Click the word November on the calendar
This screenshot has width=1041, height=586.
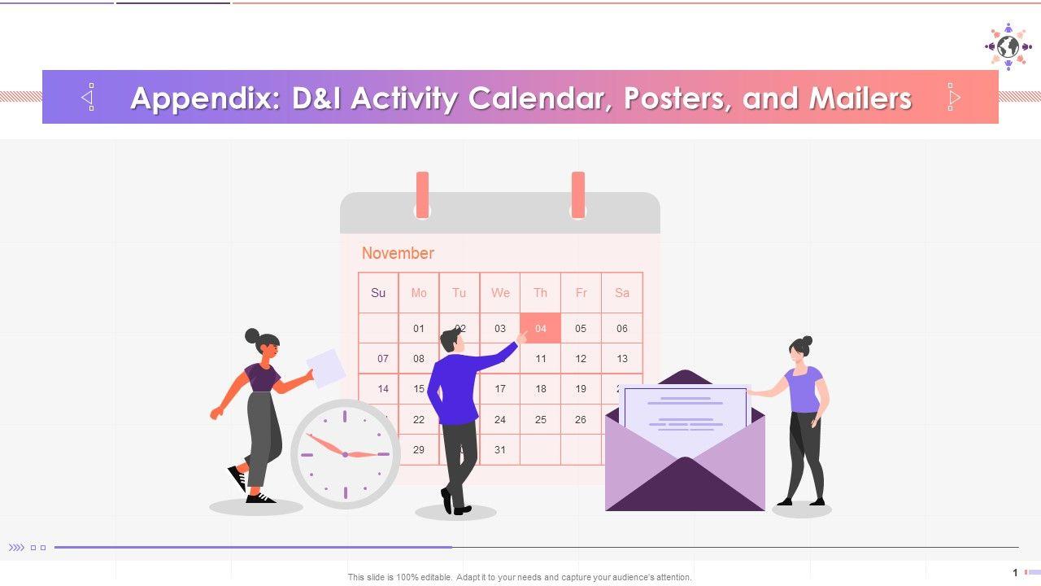pos(398,253)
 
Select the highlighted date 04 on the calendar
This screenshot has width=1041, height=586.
pos(541,328)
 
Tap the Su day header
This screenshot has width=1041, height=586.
pos(378,292)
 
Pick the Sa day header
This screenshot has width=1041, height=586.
pos(622,292)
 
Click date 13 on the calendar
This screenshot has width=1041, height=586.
pos(622,359)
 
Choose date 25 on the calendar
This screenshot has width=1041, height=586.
pos(541,419)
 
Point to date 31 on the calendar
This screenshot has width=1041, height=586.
pos(500,450)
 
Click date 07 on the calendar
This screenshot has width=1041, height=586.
pos(383,359)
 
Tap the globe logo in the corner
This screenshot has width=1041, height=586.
pos(1008,46)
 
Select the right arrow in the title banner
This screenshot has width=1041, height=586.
pos(954,97)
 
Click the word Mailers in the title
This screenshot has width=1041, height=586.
pos(860,98)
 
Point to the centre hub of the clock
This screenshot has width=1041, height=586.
pos(345,454)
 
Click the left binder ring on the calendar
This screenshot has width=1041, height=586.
pos(422,195)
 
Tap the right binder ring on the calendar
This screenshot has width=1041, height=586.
pos(578,195)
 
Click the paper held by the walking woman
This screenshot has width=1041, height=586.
pos(326,368)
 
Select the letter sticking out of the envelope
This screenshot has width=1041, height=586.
pos(686,415)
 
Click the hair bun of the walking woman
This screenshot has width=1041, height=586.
pos(252,335)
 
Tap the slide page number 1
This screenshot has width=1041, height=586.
pos(1015,572)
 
